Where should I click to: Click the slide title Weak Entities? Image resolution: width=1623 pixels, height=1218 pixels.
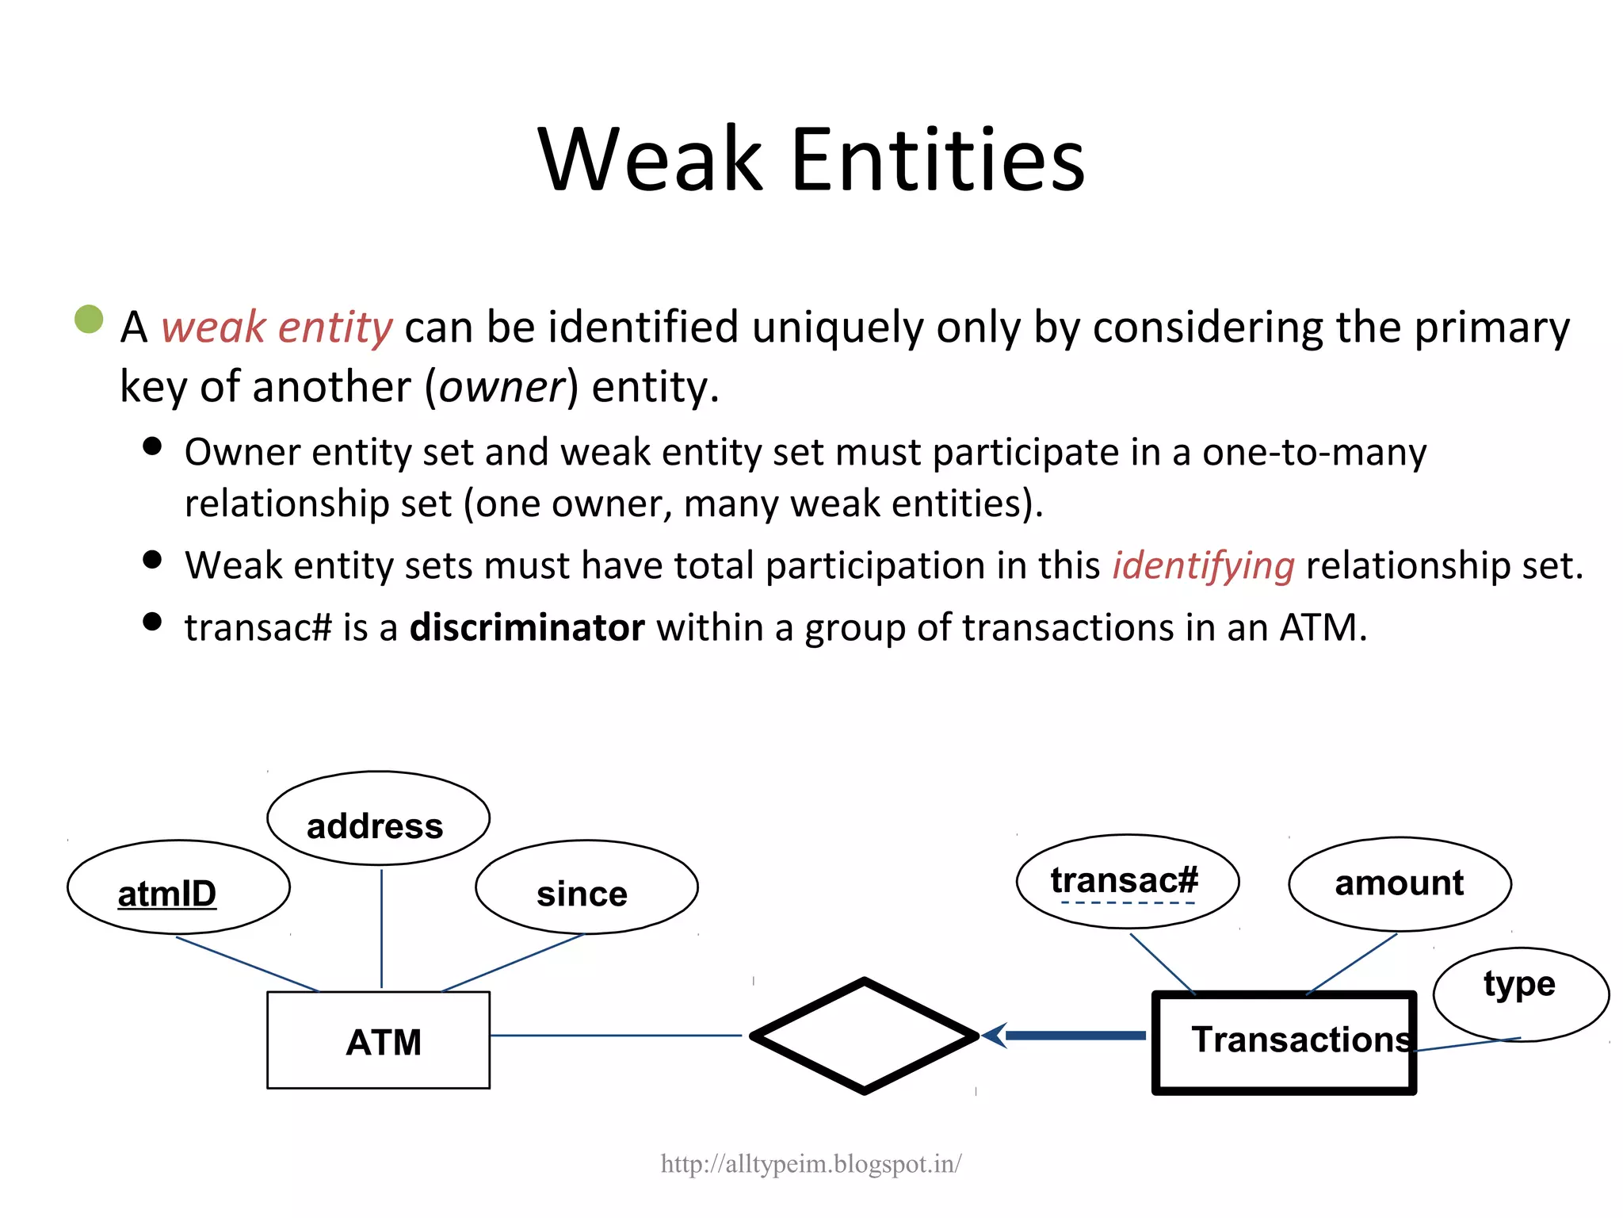pos(811,160)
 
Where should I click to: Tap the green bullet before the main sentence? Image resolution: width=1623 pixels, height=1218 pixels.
pos(89,319)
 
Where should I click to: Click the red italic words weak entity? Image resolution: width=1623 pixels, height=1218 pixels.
pos(277,327)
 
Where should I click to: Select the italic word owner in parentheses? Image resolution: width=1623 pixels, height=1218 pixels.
pos(502,388)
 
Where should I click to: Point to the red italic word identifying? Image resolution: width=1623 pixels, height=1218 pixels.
pos(1203,566)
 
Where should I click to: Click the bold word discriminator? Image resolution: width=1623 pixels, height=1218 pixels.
pos(527,628)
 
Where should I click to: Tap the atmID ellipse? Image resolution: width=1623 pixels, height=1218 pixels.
pos(178,887)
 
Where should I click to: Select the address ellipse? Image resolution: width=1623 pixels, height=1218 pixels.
pos(378,818)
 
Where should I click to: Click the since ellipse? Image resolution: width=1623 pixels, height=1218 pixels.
pos(586,887)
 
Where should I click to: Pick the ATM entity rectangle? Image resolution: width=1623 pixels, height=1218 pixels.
pos(378,1040)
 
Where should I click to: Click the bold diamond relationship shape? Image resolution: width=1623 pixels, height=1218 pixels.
pos(865,1036)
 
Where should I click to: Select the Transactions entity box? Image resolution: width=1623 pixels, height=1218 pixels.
pos(1284,1043)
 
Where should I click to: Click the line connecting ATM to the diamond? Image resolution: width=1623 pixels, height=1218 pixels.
pos(615,1036)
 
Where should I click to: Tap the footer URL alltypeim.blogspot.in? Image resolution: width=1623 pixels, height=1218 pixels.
pos(811,1164)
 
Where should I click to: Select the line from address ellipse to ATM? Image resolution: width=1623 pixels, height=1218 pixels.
pos(382,928)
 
